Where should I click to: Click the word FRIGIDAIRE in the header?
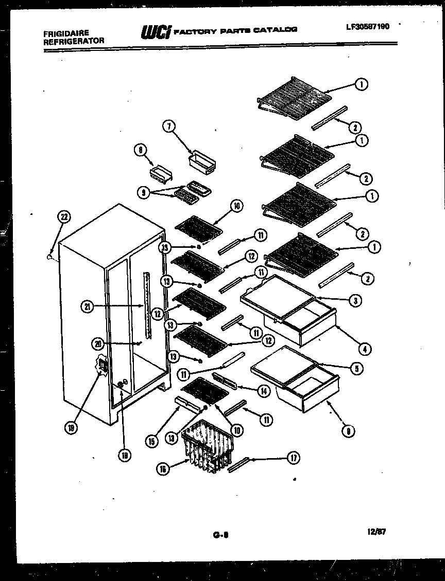[x=66, y=33]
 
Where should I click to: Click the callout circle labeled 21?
[x=87, y=307]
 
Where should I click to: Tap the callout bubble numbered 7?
[x=168, y=126]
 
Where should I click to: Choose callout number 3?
[x=354, y=301]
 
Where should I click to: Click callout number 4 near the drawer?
[x=364, y=349]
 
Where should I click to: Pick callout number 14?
[x=264, y=391]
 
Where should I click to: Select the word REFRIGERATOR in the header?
[x=74, y=41]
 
